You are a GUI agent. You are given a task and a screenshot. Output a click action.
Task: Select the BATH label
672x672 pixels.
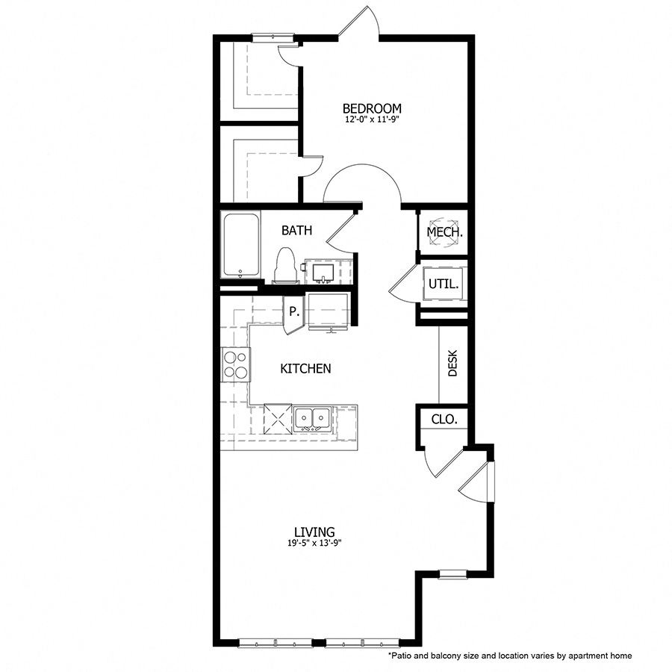tap(296, 231)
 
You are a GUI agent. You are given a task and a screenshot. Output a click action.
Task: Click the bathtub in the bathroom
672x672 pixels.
tap(240, 246)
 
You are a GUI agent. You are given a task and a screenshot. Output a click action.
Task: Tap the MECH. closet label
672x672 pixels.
tap(444, 232)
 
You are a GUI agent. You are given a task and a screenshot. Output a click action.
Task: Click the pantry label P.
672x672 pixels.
tap(293, 311)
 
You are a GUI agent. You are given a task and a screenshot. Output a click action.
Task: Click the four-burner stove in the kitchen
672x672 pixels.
tap(235, 365)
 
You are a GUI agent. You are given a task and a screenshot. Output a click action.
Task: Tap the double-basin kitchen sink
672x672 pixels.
tap(313, 418)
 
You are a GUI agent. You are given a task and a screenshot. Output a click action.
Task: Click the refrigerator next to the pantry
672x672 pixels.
tap(329, 311)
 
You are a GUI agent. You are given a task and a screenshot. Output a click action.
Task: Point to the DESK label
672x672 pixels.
tap(452, 364)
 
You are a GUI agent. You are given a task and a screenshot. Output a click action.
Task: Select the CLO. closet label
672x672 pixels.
tap(444, 419)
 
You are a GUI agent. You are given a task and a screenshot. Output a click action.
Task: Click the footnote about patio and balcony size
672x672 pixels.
tap(509, 655)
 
